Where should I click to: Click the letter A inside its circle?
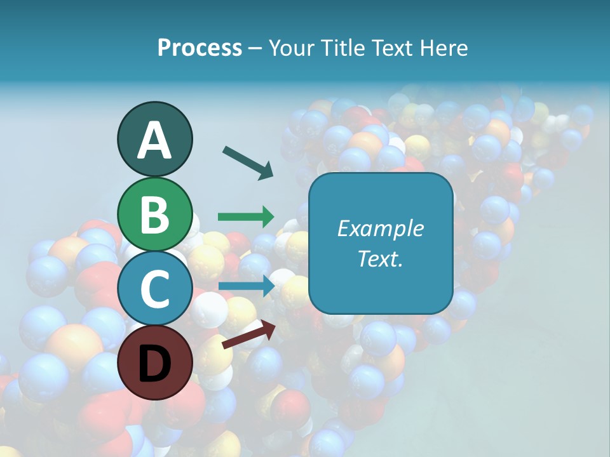(x=155, y=140)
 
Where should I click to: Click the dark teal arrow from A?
(x=248, y=162)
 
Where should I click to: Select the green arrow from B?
(x=246, y=216)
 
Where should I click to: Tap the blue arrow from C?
(x=247, y=286)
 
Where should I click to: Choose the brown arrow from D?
(x=248, y=335)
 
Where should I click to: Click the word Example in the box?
(x=381, y=228)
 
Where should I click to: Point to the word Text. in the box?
(x=381, y=258)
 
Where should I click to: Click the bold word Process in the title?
(x=200, y=48)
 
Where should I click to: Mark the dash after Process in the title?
(x=255, y=49)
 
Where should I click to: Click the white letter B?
(x=155, y=215)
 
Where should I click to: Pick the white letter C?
(x=154, y=289)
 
